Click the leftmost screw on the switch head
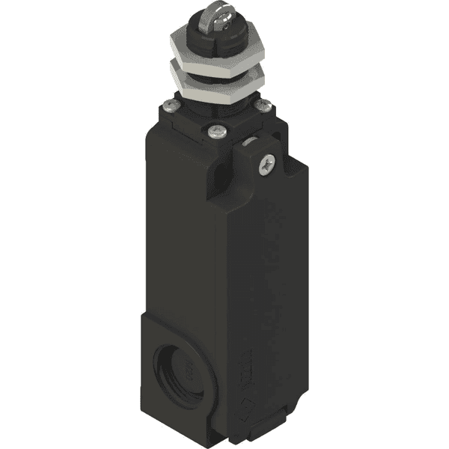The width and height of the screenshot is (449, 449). tap(168, 106)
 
